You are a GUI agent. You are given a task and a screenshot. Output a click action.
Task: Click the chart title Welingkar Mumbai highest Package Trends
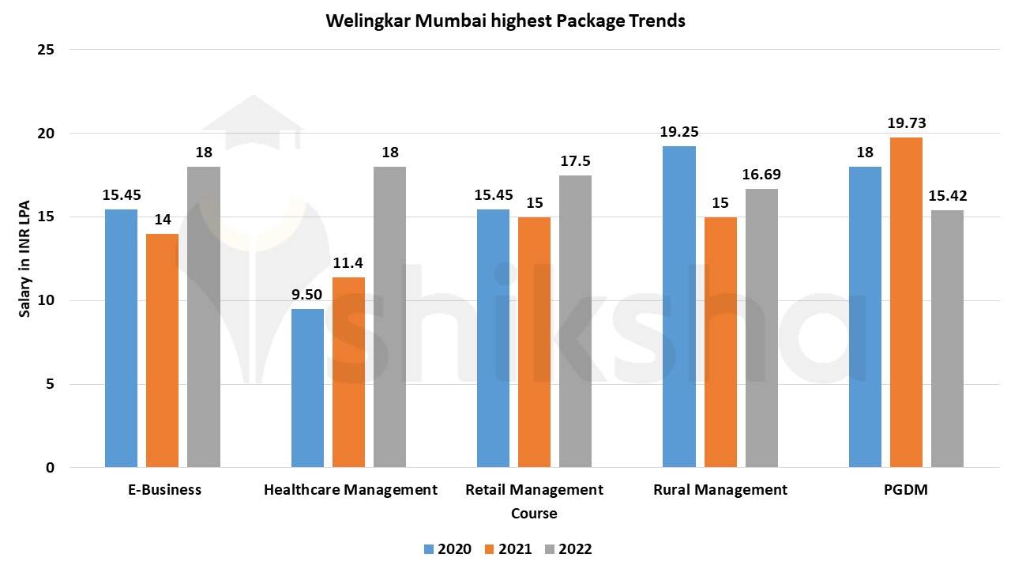(505, 21)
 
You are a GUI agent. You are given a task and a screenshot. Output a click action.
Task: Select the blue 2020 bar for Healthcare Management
(307, 388)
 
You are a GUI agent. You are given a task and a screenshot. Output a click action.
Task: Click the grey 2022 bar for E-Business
(204, 317)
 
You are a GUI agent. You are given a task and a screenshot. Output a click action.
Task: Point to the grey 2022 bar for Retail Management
(575, 321)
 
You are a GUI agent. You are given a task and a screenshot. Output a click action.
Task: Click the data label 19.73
(906, 123)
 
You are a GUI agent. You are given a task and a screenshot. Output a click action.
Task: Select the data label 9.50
(307, 294)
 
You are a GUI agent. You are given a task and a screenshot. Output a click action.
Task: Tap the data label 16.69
(761, 175)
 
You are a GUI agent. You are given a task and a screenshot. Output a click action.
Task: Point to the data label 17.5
(575, 161)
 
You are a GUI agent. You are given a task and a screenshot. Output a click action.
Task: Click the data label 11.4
(348, 262)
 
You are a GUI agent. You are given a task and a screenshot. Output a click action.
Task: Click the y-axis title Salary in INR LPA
(24, 259)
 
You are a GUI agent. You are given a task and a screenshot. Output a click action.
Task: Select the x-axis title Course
(534, 514)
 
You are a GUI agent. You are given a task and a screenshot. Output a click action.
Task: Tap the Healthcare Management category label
(350, 490)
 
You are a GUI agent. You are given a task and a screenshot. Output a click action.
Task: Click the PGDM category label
(906, 490)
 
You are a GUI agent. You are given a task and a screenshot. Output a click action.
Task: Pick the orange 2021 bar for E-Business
(163, 351)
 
